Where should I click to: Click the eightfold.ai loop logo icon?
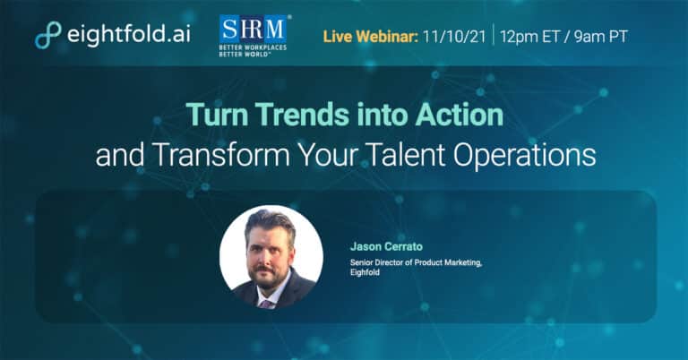(x=47, y=35)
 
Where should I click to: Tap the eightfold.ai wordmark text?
(x=129, y=34)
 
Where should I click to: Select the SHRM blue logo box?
(x=253, y=30)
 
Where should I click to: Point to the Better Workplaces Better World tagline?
(x=253, y=50)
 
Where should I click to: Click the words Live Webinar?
(x=371, y=37)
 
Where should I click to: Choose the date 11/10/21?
(x=454, y=37)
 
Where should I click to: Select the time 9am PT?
(x=601, y=37)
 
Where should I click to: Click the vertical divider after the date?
(x=494, y=35)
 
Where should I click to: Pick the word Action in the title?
(x=460, y=115)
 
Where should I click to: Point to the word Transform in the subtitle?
(x=221, y=155)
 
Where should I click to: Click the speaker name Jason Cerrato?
(x=386, y=246)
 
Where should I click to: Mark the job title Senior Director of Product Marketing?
(x=416, y=262)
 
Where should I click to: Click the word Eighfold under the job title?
(x=365, y=272)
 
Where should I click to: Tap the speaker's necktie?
(x=266, y=304)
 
